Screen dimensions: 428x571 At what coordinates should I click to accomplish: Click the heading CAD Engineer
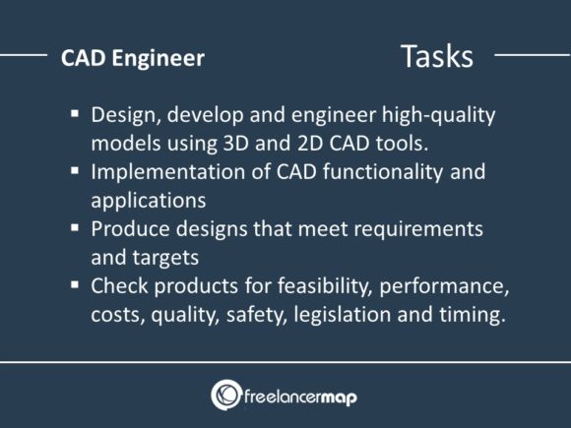click(x=133, y=58)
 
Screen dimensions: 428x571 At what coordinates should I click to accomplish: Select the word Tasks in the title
click(x=436, y=56)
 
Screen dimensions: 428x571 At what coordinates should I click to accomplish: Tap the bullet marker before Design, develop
click(x=75, y=113)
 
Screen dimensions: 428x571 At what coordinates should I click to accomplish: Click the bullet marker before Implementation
click(x=75, y=171)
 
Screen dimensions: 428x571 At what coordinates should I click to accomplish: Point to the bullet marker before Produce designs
click(x=75, y=228)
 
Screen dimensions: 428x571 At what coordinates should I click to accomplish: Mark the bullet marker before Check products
click(x=75, y=285)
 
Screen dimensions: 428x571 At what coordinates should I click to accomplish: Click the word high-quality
click(x=436, y=115)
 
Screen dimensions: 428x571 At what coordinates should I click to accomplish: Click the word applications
click(x=148, y=201)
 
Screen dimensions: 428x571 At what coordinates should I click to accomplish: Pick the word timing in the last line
click(x=475, y=315)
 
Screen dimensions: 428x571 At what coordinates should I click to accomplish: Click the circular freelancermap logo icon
click(x=227, y=395)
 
